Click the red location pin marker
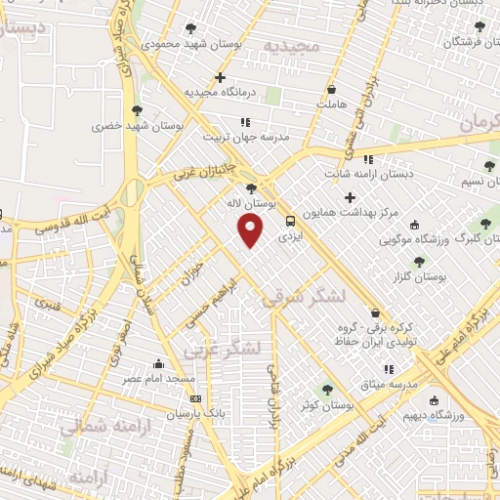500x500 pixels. (x=251, y=230)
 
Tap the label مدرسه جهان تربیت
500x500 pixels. (x=246, y=138)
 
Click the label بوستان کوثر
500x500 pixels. (x=326, y=404)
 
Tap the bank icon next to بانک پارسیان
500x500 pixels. (x=195, y=399)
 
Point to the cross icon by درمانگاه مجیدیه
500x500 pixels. (x=221, y=77)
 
